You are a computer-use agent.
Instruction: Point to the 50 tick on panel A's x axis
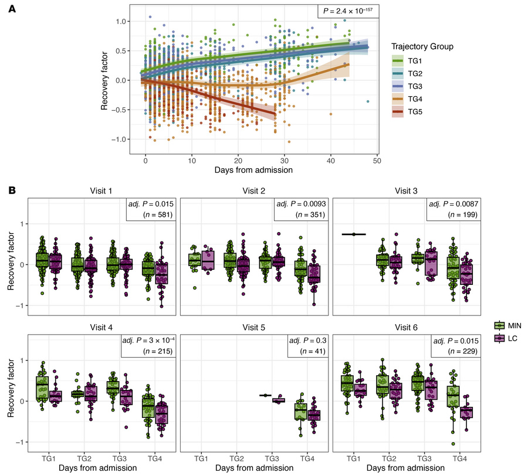tap(375, 159)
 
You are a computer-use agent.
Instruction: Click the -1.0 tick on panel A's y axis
tap(119, 139)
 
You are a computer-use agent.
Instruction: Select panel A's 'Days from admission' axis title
tap(254, 170)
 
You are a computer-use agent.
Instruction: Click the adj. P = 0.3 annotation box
tap(307, 345)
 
